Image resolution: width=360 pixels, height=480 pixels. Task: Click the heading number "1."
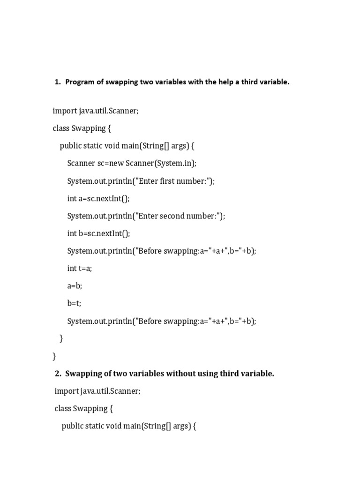click(58, 82)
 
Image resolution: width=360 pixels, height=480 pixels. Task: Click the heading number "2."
click(58, 374)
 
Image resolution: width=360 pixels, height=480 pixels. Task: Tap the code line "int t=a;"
click(79, 268)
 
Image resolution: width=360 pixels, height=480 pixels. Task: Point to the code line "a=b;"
click(75, 286)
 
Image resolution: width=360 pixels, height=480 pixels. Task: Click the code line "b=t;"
click(74, 303)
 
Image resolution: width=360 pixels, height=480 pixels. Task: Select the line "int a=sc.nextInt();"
click(98, 198)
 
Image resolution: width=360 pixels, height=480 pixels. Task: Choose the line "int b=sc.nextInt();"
click(98, 233)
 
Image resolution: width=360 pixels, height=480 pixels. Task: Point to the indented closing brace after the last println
click(61, 338)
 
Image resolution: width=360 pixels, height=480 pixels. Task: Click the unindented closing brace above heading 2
click(54, 356)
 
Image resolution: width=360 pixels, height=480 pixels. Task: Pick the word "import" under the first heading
click(65, 111)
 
